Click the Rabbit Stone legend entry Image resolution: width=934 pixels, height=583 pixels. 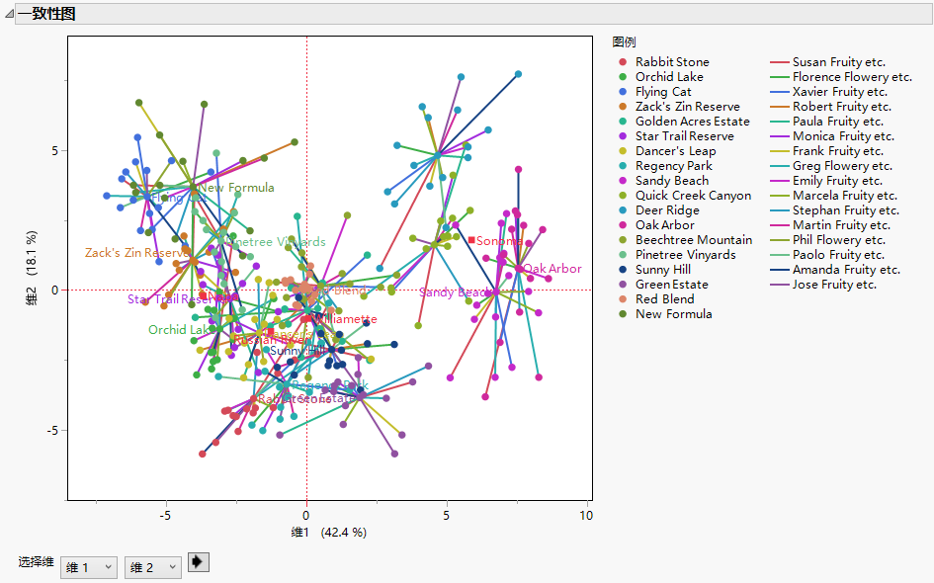672,62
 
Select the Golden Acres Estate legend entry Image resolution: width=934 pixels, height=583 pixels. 692,122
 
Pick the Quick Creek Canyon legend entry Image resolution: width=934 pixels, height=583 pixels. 693,196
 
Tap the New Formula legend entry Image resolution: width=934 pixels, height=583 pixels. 673,314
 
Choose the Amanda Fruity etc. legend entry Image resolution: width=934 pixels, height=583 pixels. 846,270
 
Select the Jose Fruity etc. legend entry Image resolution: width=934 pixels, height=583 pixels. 834,285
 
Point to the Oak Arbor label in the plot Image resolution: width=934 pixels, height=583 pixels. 552,269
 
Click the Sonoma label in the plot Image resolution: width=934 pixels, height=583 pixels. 499,241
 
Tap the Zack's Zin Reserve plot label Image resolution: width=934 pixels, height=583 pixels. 137,253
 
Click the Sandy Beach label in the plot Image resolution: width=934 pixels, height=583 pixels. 454,292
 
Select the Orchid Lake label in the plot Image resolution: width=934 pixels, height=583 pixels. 179,330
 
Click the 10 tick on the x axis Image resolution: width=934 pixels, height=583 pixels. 587,516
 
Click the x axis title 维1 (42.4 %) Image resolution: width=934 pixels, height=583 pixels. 328,533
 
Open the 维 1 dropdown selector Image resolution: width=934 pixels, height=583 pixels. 89,567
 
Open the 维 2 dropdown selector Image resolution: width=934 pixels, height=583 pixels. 153,567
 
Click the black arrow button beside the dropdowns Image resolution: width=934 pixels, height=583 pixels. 198,562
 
